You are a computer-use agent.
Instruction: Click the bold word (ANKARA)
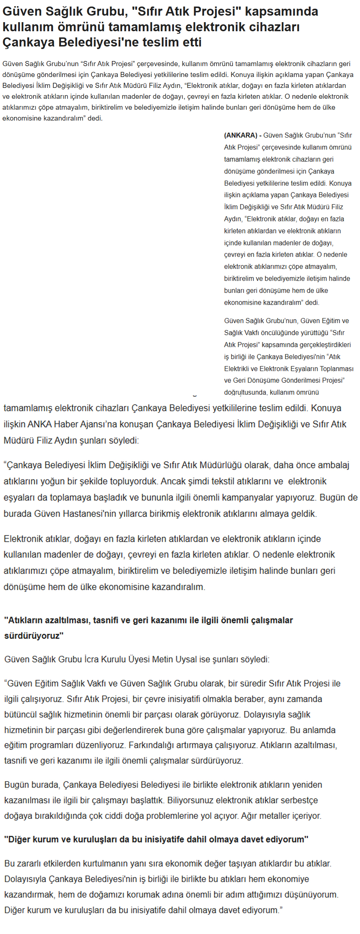tap(240, 135)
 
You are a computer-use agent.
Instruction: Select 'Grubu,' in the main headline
tap(106, 12)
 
